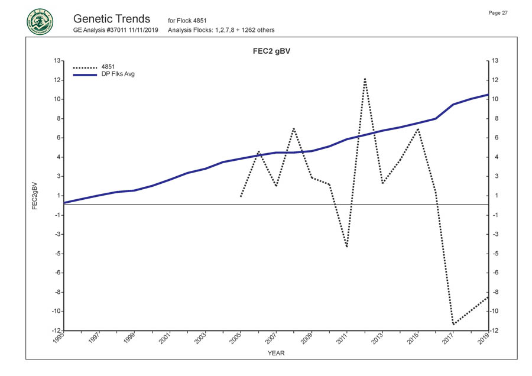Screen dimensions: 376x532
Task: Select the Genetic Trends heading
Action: pyautogui.click(x=112, y=18)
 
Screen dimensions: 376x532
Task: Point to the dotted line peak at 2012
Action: pyautogui.click(x=365, y=78)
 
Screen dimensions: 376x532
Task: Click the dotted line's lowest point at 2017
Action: pyautogui.click(x=453, y=324)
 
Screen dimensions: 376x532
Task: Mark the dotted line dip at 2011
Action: pyautogui.click(x=347, y=247)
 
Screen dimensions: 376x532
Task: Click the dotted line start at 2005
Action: pyautogui.click(x=241, y=196)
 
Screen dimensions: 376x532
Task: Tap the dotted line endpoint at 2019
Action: pyautogui.click(x=488, y=296)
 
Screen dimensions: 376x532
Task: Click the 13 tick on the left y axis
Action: pyautogui.click(x=56, y=61)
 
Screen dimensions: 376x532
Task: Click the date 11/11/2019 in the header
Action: pyautogui.click(x=144, y=30)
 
